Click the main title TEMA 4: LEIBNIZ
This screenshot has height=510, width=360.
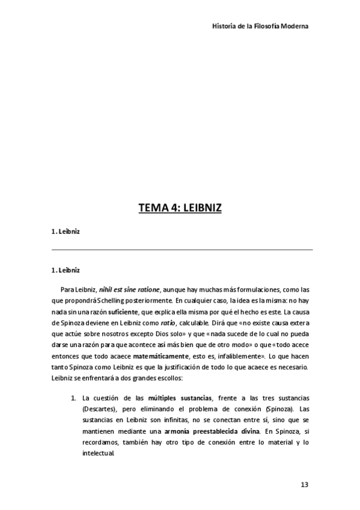[x=180, y=208]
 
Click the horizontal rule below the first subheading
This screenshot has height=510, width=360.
[x=180, y=249]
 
